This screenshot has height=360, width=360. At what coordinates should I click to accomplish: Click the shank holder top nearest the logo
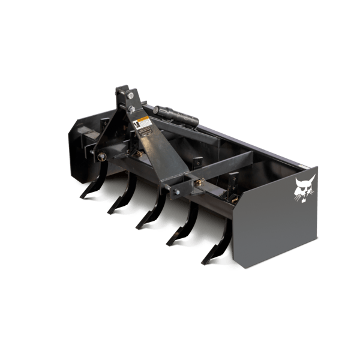pyautogui.click(x=233, y=178)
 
